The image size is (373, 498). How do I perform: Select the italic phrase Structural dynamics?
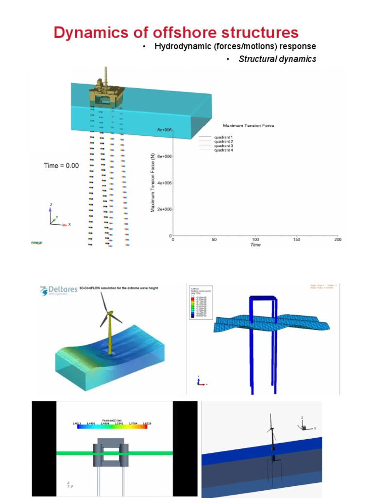click(x=277, y=59)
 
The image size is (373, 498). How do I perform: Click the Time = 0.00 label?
click(x=61, y=166)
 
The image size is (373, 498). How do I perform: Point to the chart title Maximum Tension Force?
click(x=248, y=125)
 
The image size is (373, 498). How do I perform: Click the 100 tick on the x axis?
click(x=255, y=240)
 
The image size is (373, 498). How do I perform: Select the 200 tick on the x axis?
click(x=338, y=240)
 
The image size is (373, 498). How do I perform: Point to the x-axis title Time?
click(x=255, y=245)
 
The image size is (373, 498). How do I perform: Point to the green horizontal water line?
click(x=73, y=453)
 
